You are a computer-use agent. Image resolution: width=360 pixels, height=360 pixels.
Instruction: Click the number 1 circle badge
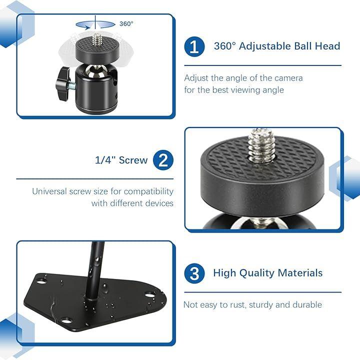coord(194,46)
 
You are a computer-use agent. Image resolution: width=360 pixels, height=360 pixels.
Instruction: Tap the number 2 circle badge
coord(163,160)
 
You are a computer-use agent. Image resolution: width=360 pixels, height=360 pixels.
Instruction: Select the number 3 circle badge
coord(194,273)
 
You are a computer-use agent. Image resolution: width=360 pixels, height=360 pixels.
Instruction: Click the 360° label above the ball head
coord(126,24)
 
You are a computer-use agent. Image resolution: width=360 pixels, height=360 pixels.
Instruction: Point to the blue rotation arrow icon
coord(95,25)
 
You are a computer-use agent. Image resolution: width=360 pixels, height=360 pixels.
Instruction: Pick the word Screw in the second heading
coord(133,160)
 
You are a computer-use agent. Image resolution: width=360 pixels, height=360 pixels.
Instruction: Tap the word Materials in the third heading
coord(300,273)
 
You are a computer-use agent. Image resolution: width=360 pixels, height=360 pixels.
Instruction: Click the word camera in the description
coord(288,78)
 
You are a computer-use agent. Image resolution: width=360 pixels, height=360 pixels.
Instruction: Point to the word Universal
coord(49,191)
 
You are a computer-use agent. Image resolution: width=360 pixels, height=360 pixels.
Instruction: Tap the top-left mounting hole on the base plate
coord(40,281)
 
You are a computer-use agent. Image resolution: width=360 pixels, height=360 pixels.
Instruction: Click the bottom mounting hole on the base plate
coord(66,320)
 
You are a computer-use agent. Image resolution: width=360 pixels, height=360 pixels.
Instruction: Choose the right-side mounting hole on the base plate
coord(149,294)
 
